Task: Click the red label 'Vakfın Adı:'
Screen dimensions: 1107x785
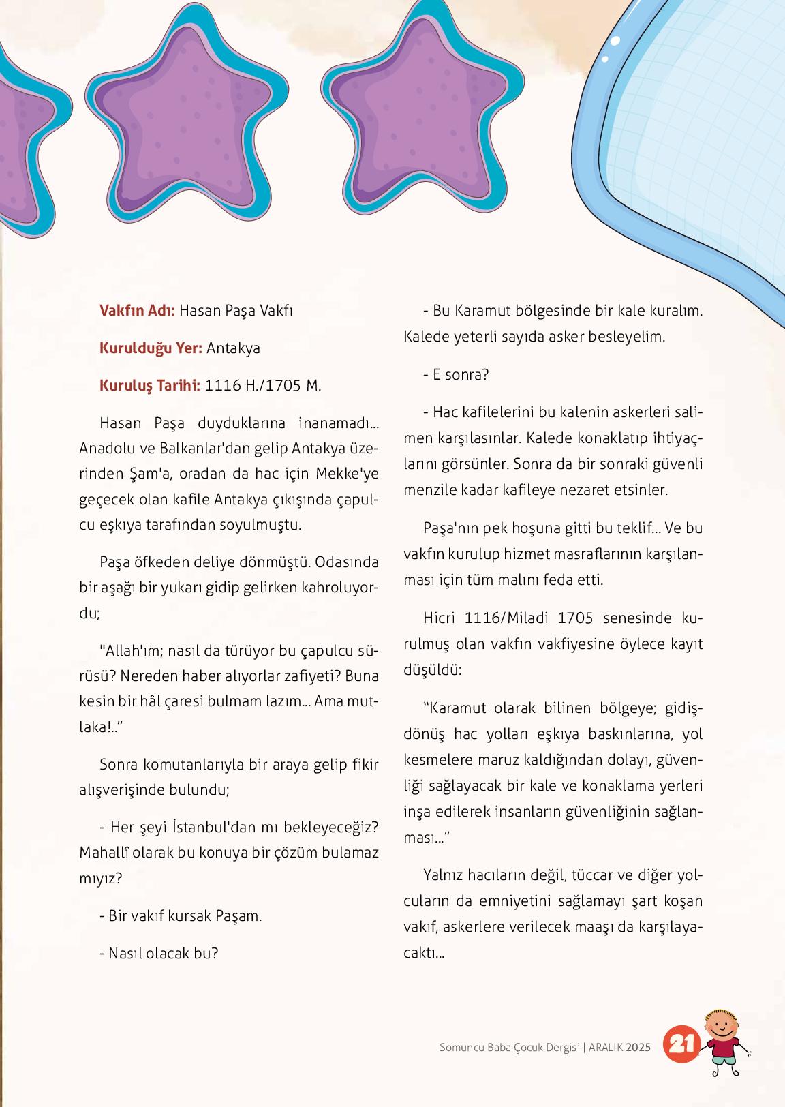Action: click(x=138, y=311)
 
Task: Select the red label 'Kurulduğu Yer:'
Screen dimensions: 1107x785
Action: click(x=151, y=348)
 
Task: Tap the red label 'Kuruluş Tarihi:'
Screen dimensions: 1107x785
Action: click(x=150, y=386)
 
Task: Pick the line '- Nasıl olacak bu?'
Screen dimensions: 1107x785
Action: click(x=159, y=954)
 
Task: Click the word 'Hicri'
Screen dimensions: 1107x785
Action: click(x=443, y=618)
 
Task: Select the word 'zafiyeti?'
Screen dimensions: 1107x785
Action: click(x=303, y=677)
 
